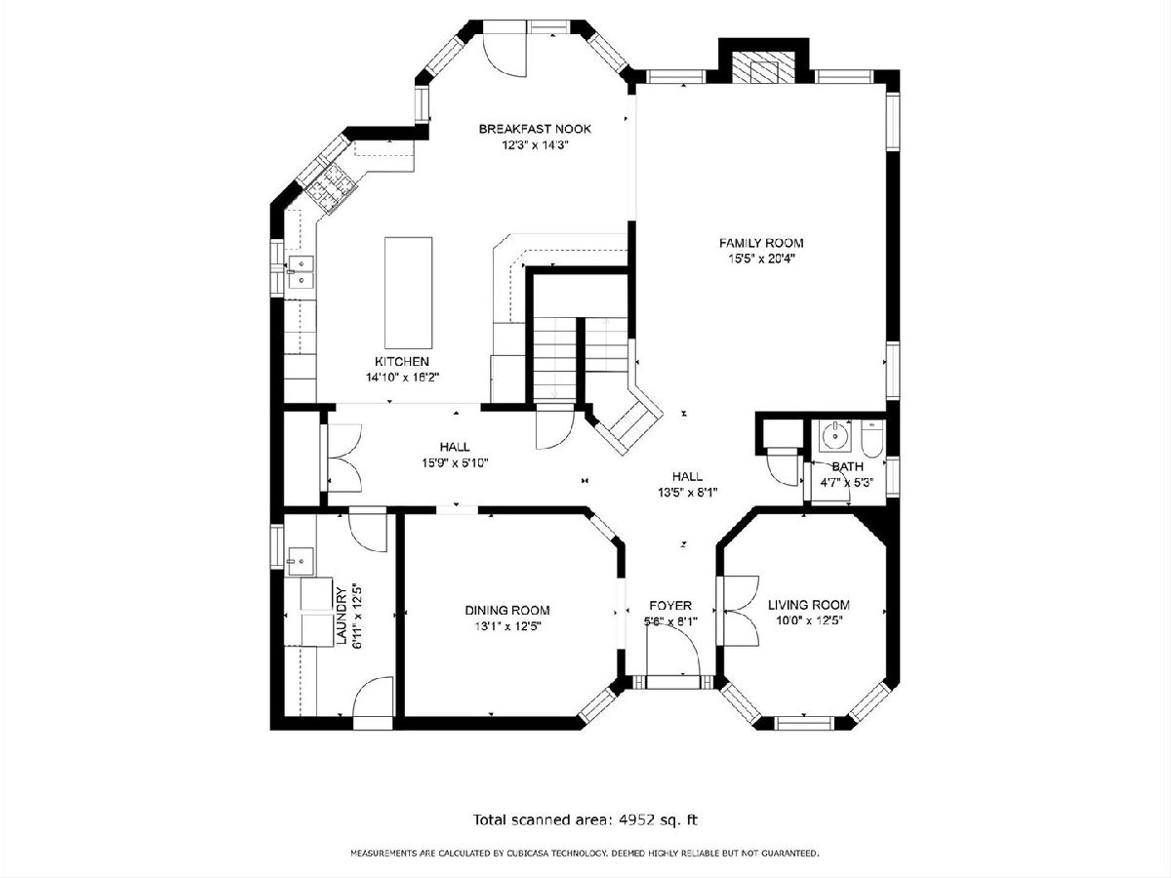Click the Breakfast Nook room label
535,129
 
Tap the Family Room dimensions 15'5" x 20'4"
761,259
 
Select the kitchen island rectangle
408,293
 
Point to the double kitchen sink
301,272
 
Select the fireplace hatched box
764,67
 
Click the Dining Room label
507,611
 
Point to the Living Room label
809,605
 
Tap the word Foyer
670,606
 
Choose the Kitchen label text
402,361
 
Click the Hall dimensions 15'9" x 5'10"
456,462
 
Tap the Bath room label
848,467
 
